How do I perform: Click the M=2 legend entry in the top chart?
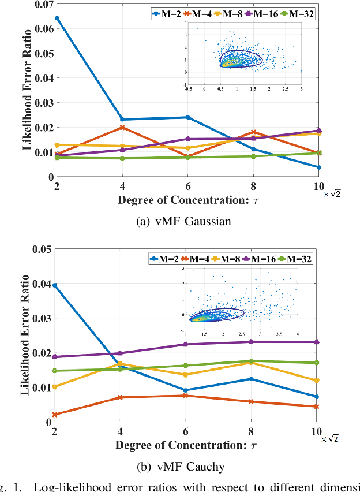coord(163,13)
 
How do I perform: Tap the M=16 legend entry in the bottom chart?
coord(264,259)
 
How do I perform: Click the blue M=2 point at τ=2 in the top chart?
coord(57,18)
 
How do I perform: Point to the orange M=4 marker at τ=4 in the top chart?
coord(122,128)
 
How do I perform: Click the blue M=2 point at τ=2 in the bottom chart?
coord(55,285)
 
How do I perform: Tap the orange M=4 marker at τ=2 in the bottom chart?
coord(55,415)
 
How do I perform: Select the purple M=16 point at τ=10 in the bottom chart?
coord(317,342)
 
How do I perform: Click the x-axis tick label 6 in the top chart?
coord(187,187)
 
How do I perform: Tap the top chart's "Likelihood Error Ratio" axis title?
coord(27,92)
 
